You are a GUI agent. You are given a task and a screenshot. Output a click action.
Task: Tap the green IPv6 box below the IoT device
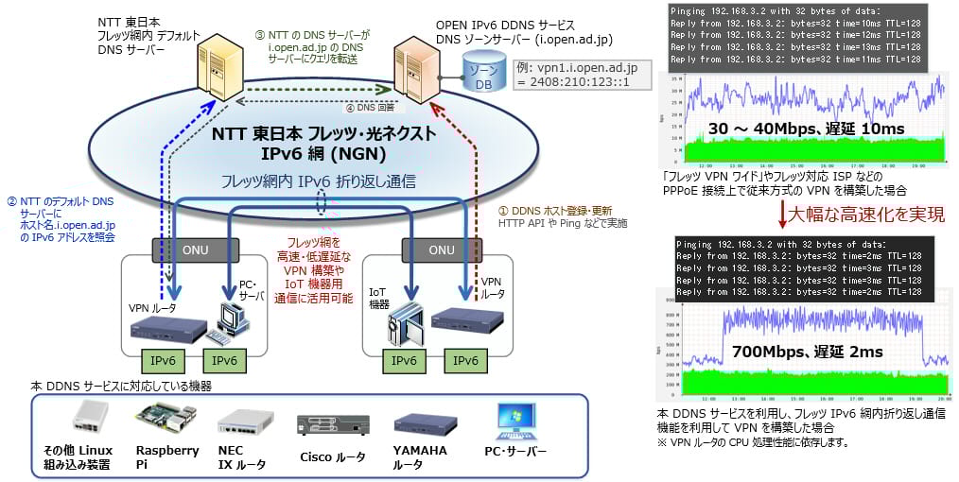coord(404,361)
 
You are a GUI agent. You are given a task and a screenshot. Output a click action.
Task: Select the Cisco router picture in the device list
coord(333,423)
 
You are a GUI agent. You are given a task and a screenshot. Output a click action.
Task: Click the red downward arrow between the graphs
coord(780,215)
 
